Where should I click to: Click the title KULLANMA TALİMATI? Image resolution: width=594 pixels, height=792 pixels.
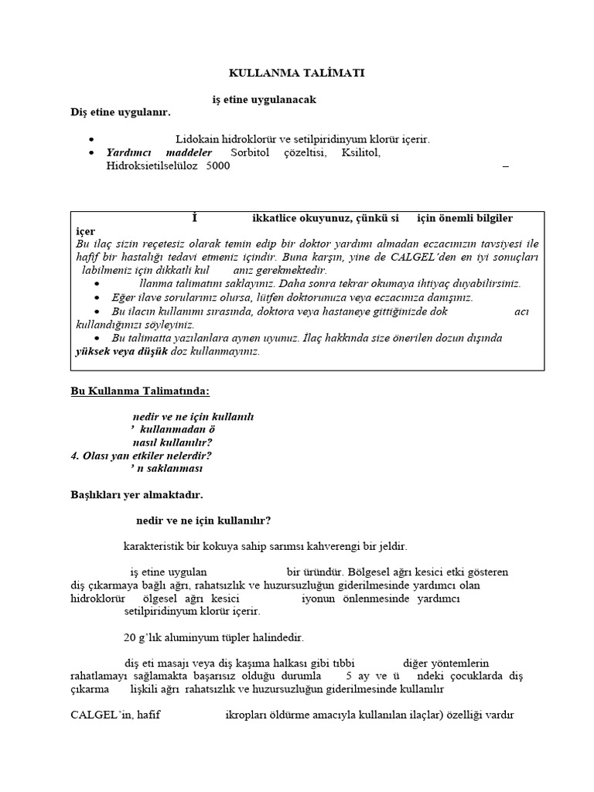pos(296,73)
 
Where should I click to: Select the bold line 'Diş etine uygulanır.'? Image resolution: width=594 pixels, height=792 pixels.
pos(120,113)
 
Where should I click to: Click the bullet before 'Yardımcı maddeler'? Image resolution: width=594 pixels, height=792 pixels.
pos(92,153)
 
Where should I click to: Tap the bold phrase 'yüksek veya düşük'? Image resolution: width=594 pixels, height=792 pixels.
pos(110,351)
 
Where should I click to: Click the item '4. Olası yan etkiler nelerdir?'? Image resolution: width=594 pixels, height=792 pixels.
pos(141,456)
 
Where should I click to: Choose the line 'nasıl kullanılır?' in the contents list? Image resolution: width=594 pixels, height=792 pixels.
pos(173,442)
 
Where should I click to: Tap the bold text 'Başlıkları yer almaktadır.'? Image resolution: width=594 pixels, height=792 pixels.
pos(137,493)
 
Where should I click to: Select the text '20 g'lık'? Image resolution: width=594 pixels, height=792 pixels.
pos(144,638)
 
